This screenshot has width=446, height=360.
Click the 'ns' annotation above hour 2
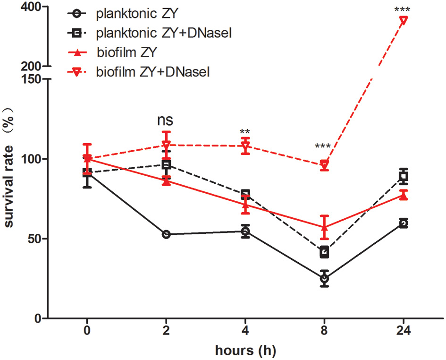pos(165,120)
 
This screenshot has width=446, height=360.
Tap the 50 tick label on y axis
pos(39,239)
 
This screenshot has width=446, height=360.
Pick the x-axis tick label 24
pos(404,331)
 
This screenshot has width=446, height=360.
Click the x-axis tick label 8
pos(324,331)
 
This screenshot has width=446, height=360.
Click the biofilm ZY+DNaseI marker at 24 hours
pos(404,20)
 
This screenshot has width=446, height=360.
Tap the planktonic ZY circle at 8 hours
pos(324,279)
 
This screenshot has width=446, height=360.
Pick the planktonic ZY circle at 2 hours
pos(166,234)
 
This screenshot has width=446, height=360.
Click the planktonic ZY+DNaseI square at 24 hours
pos(404,177)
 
